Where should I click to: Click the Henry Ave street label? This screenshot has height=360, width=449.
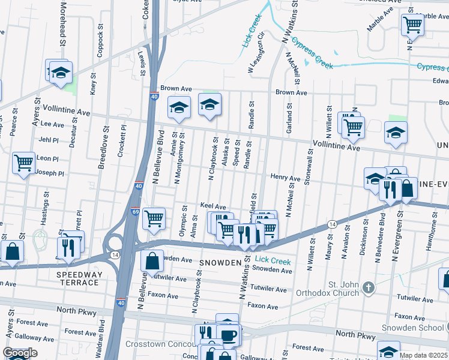pyautogui.click(x=285, y=178)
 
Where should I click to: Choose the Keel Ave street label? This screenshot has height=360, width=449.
pyautogui.click(x=212, y=206)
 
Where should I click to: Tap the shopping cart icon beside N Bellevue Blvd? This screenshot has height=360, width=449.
pyautogui.click(x=154, y=217)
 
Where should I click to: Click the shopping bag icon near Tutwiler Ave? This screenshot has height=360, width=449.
pyautogui.click(x=152, y=261)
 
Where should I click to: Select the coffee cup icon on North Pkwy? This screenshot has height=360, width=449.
pyautogui.click(x=228, y=335)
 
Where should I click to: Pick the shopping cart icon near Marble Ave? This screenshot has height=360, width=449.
pyautogui.click(x=413, y=25)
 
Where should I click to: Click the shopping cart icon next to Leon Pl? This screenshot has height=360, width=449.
pyautogui.click(x=24, y=162)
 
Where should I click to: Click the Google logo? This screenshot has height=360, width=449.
pyautogui.click(x=20, y=353)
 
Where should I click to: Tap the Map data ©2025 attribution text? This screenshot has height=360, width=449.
pyautogui.click(x=423, y=355)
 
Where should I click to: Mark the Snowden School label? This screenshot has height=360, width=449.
pyautogui.click(x=413, y=328)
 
